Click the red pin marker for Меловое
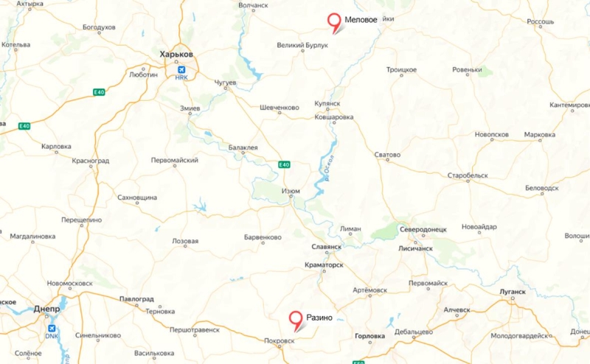point(336,23)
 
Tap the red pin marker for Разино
point(296,320)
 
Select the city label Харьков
point(176,55)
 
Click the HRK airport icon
point(181,70)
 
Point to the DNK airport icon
point(51,329)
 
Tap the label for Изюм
point(291,191)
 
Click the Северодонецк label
point(424,230)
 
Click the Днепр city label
point(47,309)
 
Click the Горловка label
point(369,336)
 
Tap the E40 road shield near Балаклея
point(284,164)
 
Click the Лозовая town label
point(184,241)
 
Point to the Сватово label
point(387,155)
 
